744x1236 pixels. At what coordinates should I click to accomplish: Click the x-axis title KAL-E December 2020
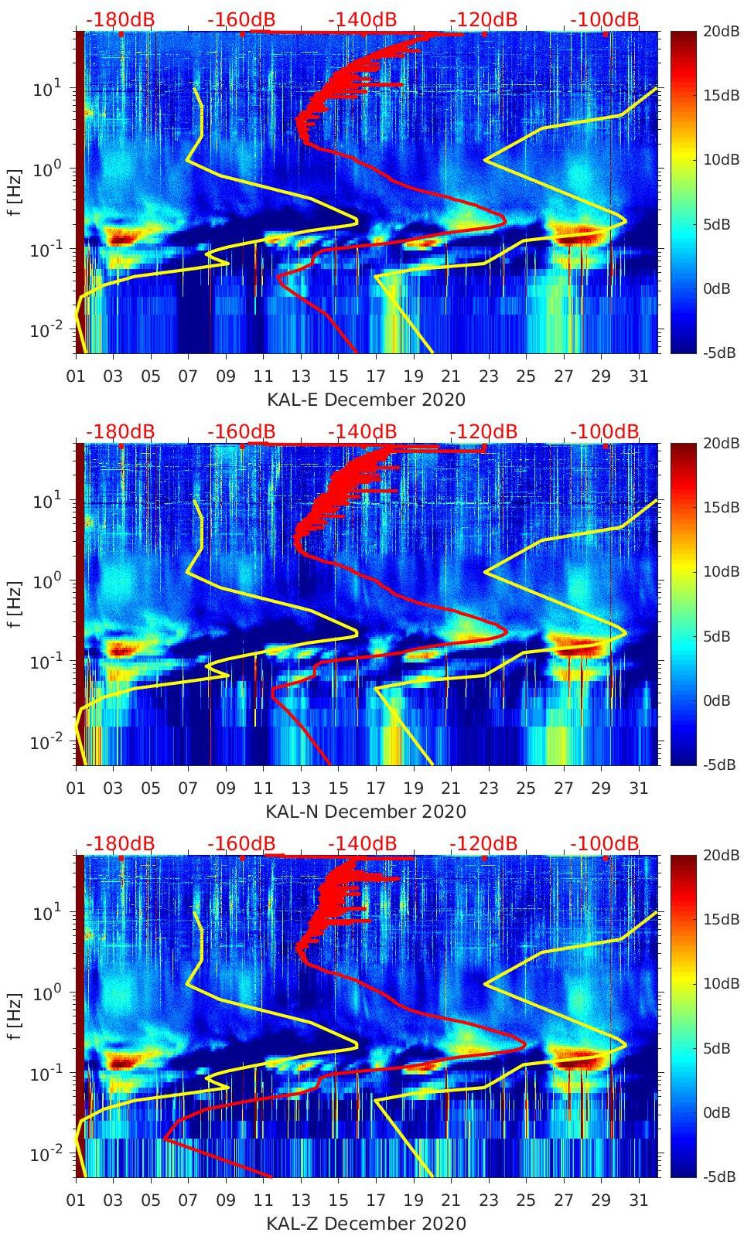pyautogui.click(x=366, y=400)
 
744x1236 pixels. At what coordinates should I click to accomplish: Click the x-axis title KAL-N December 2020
pyautogui.click(x=366, y=812)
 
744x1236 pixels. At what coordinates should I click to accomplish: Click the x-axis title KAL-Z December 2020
pyautogui.click(x=366, y=1224)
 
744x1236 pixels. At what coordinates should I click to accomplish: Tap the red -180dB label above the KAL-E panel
pyautogui.click(x=120, y=19)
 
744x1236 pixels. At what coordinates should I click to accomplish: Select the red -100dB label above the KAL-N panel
pyautogui.click(x=605, y=431)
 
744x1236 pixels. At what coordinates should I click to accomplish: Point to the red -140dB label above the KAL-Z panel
pyautogui.click(x=362, y=843)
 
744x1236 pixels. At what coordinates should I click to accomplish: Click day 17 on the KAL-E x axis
pyautogui.click(x=376, y=376)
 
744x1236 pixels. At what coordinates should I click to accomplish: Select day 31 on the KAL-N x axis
pyautogui.click(x=638, y=788)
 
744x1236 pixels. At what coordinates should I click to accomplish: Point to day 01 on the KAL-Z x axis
pyautogui.click(x=76, y=1200)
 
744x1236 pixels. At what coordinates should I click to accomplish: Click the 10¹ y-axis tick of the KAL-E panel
pyautogui.click(x=42, y=89)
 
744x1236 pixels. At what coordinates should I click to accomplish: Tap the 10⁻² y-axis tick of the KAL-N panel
pyautogui.click(x=42, y=742)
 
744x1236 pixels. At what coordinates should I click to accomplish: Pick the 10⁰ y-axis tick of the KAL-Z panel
pyautogui.click(x=42, y=993)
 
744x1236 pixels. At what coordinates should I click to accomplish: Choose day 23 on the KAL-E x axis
pyautogui.click(x=488, y=376)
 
